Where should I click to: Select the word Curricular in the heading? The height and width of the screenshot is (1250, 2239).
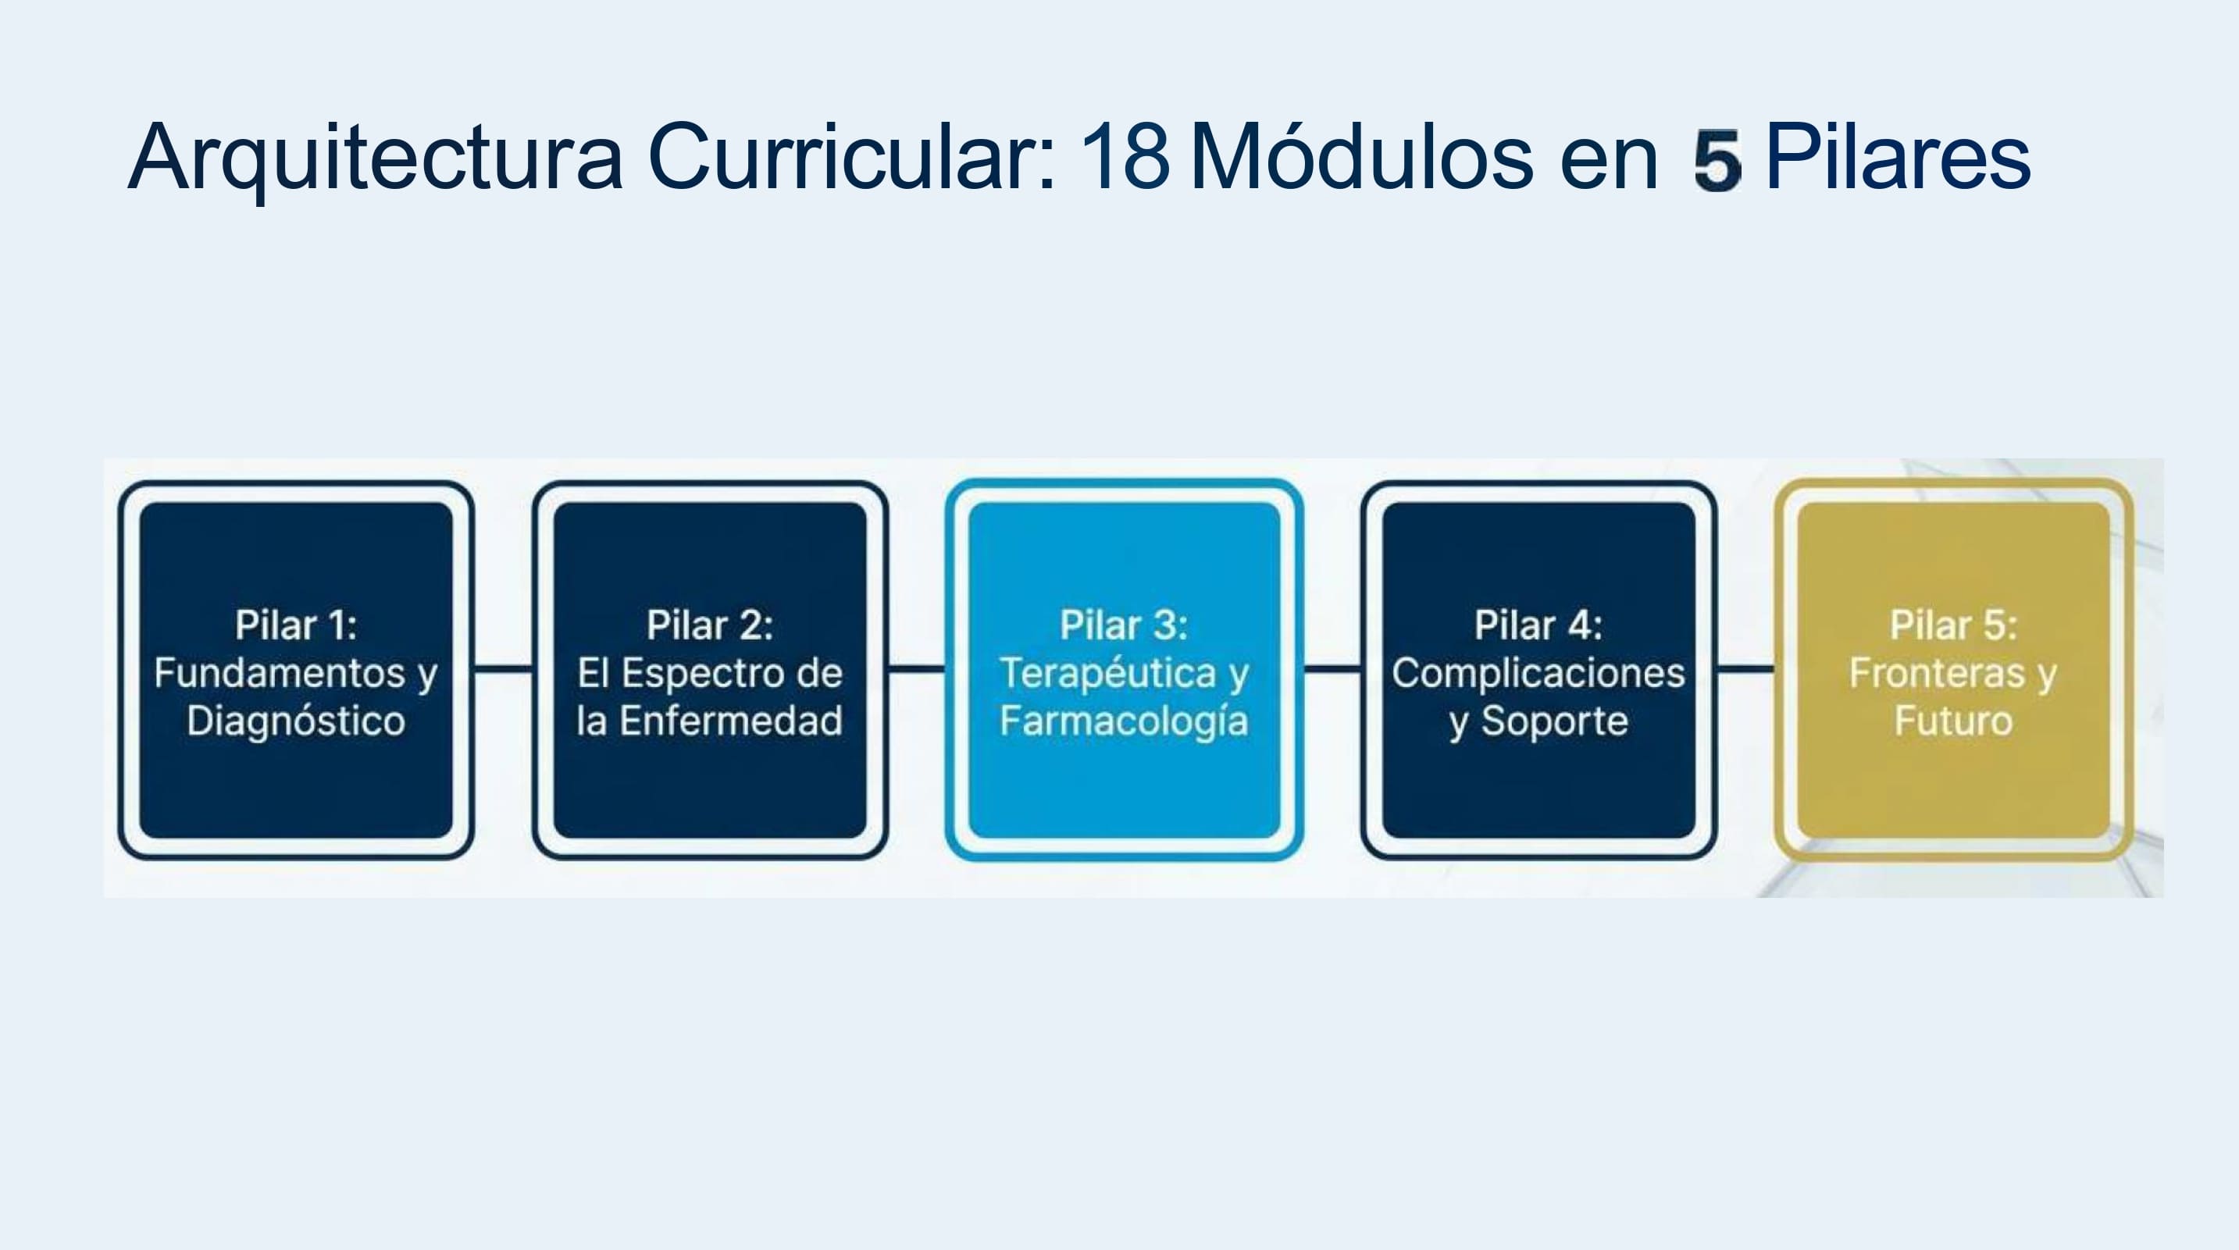tap(852, 156)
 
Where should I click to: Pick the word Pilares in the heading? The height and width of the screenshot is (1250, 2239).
tap(1899, 156)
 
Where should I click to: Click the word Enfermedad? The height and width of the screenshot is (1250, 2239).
tap(731, 721)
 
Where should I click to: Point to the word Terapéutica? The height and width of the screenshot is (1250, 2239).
tap(1108, 673)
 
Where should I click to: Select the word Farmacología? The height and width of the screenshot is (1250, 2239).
tap(1124, 721)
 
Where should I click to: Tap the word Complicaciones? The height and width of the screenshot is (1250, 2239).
tap(1538, 674)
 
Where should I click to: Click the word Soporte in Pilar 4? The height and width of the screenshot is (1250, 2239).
tap(1555, 721)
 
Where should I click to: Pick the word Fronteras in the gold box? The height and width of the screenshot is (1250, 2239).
tap(1938, 673)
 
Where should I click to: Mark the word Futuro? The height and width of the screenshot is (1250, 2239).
tap(1953, 721)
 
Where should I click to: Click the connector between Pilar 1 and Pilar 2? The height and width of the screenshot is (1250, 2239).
tap(503, 668)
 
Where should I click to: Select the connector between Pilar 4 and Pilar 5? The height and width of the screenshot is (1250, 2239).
tap(1745, 668)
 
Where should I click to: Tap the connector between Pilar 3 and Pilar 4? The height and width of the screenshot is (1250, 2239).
tap(1332, 668)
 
